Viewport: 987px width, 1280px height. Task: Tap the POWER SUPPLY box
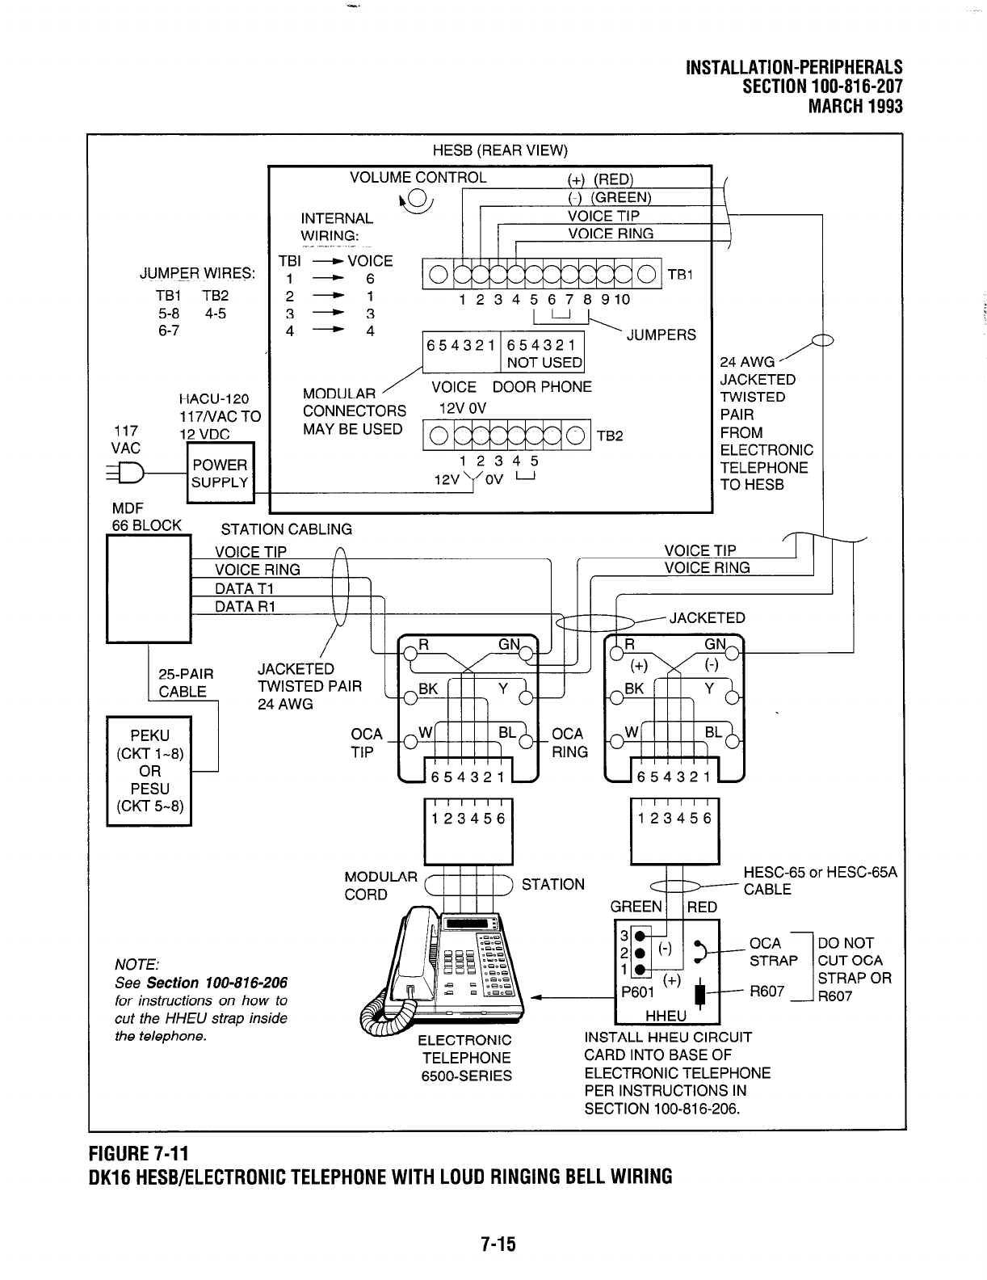pos(219,474)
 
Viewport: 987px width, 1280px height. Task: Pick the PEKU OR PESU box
pos(149,770)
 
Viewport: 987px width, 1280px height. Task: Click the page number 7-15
pos(493,1244)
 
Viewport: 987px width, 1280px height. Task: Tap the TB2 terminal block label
pos(610,436)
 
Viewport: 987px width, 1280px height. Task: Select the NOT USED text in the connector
pos(544,363)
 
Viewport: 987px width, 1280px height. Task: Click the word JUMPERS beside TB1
pos(661,335)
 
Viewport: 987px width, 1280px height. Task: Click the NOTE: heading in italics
pos(137,964)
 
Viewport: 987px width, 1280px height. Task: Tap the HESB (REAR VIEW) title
pos(500,151)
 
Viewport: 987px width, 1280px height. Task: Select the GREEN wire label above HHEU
pos(636,907)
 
